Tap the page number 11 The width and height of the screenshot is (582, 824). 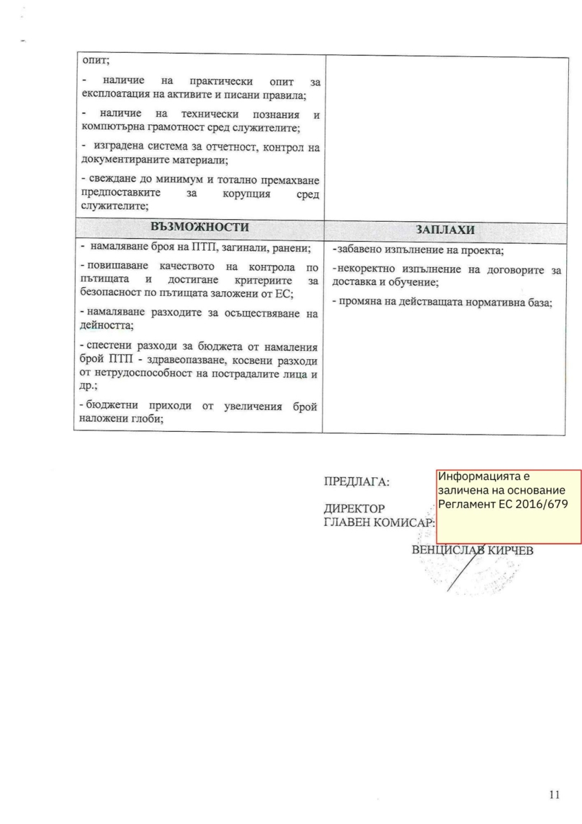[555, 795]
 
